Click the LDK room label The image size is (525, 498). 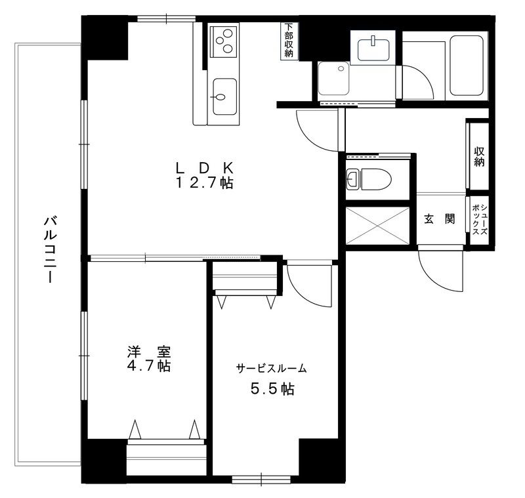point(203,166)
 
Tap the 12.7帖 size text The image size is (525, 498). point(203,183)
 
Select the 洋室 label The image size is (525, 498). point(149,352)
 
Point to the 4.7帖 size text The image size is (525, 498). point(149,366)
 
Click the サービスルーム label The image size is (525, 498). point(272,369)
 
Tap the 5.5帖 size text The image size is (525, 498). point(272,389)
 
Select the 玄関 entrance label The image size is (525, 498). point(439,219)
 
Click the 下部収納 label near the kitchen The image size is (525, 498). point(289,41)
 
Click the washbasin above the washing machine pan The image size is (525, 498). point(373,47)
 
